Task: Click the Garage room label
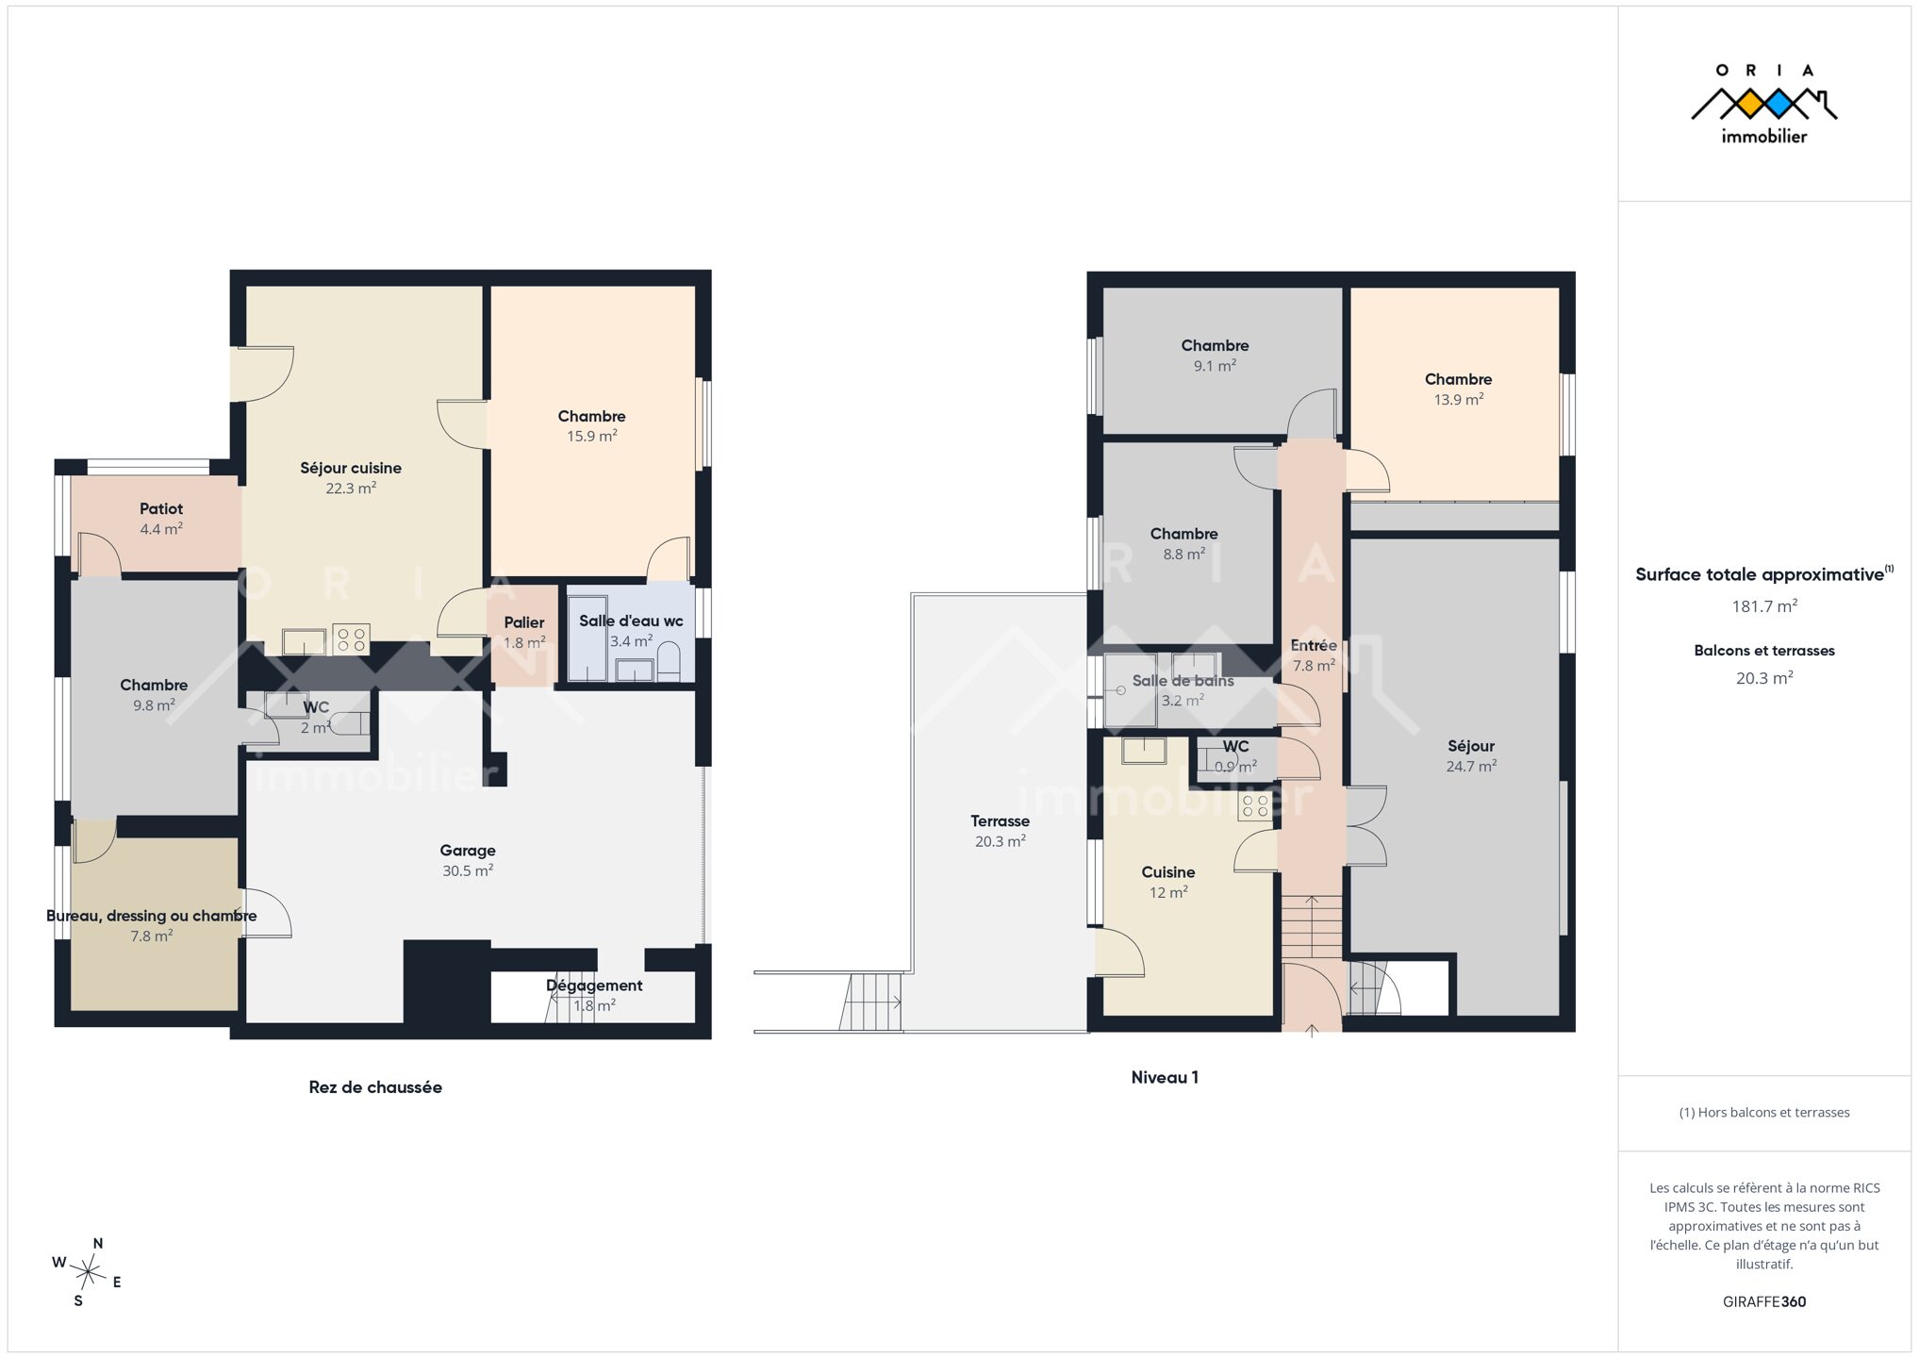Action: point(468,850)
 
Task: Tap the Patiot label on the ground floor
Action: point(161,508)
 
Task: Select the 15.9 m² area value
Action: point(591,436)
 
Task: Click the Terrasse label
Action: point(1000,820)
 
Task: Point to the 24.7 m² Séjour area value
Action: point(1471,766)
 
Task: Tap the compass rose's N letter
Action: point(98,1243)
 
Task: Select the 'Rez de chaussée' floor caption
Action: point(375,1086)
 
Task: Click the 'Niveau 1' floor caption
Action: point(1165,1077)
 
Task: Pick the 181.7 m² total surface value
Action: point(1764,606)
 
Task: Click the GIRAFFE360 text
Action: point(1764,1301)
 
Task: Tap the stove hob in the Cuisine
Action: point(1255,806)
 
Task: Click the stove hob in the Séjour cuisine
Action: point(351,639)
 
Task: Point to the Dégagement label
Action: point(594,985)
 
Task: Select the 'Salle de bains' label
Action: point(1183,681)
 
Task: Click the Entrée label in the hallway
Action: point(1314,645)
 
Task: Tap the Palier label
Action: point(524,622)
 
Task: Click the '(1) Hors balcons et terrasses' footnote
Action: point(1764,1112)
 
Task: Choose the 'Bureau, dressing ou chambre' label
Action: point(152,916)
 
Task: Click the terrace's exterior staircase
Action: point(871,1002)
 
